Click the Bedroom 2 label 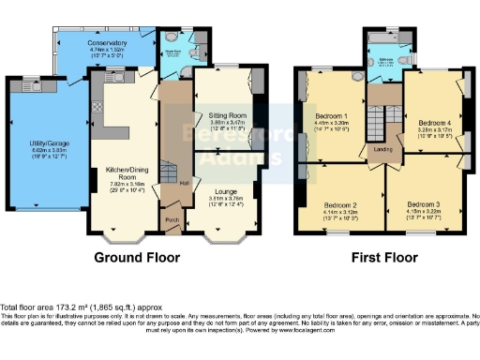[341, 204]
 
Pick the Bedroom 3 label [424, 204]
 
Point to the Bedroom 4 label [432, 122]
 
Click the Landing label [382, 149]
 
